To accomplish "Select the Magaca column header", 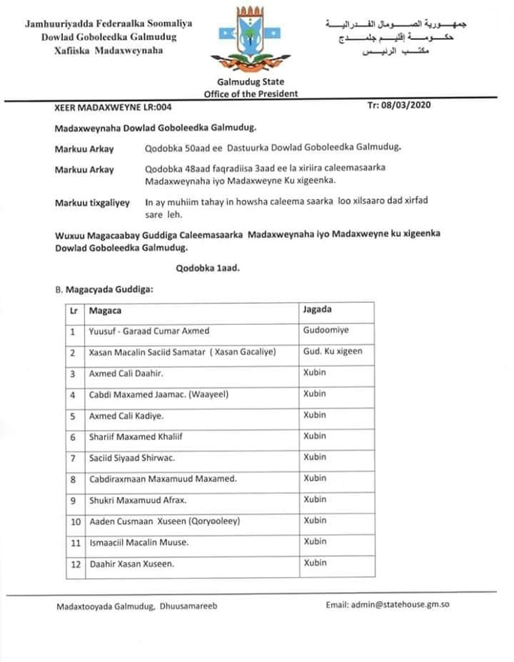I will click(x=105, y=311).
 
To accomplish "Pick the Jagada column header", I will click(x=318, y=310).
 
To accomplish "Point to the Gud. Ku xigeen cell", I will click(x=333, y=352).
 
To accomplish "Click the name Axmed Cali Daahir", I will click(x=126, y=373).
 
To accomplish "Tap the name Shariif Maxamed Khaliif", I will click(x=139, y=437).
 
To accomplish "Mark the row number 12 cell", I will click(x=74, y=564).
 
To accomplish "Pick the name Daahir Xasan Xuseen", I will click(x=131, y=564).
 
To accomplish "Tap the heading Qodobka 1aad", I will click(x=208, y=269).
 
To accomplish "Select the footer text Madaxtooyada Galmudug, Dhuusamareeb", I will click(x=137, y=606).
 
